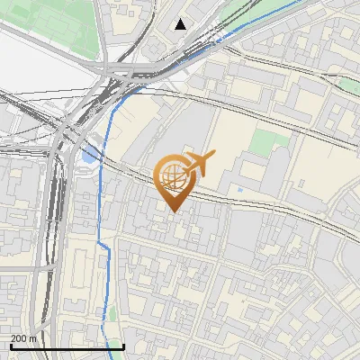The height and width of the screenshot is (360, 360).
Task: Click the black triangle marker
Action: (181, 24)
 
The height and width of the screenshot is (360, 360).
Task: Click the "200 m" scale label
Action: (23, 338)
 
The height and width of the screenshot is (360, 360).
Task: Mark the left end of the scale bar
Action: (10, 347)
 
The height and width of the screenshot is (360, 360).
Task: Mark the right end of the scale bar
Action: (123, 347)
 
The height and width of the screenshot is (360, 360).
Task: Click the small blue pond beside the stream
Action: (88, 155)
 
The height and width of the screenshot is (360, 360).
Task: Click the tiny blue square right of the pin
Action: (239, 190)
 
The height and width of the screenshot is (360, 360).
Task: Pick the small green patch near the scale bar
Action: (113, 315)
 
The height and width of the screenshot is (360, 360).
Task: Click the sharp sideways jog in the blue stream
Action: (104, 244)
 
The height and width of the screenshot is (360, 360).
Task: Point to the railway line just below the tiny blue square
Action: (241, 199)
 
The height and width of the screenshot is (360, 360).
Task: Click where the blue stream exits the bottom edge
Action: (121, 357)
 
